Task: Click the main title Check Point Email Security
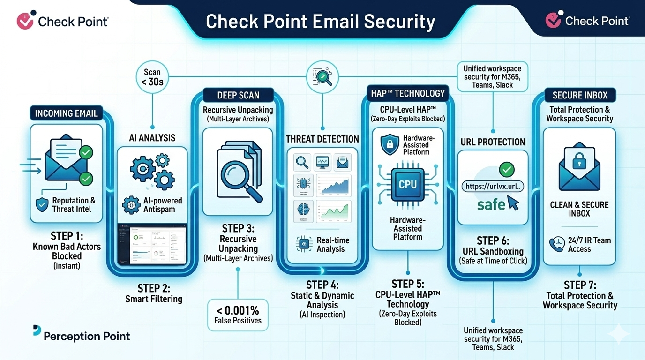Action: [321, 22]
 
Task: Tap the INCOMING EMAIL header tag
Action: [66, 113]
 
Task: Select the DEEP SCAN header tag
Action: [238, 95]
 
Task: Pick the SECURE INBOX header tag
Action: [579, 95]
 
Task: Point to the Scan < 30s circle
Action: [152, 77]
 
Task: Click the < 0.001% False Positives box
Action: [238, 315]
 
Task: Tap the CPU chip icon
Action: [407, 184]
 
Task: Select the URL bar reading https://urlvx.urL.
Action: [493, 186]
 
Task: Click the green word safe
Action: [491, 204]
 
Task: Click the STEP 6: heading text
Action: [493, 240]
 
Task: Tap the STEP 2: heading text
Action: [154, 288]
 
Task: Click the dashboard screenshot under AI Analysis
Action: [151, 244]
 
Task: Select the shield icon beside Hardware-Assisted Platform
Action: [390, 145]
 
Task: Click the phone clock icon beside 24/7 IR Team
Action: [557, 244]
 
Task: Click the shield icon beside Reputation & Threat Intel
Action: [42, 204]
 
